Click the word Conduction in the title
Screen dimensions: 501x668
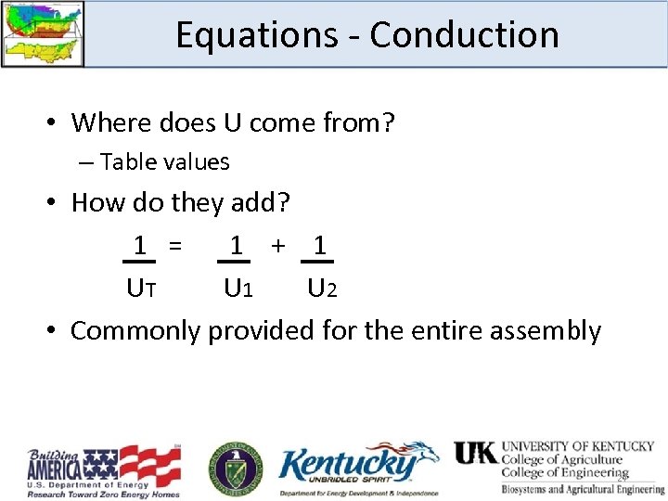click(464, 35)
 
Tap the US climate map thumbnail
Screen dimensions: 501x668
click(43, 33)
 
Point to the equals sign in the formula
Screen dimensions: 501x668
click(173, 247)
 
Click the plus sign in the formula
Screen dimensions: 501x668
click(277, 246)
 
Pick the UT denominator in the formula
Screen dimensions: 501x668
click(141, 289)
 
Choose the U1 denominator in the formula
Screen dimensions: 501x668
click(238, 289)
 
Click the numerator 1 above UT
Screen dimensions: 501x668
click(140, 247)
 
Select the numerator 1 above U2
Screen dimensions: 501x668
click(319, 246)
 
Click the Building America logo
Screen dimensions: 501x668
click(103, 471)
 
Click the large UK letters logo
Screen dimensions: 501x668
click(475, 453)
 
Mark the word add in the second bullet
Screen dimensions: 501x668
click(262, 202)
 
